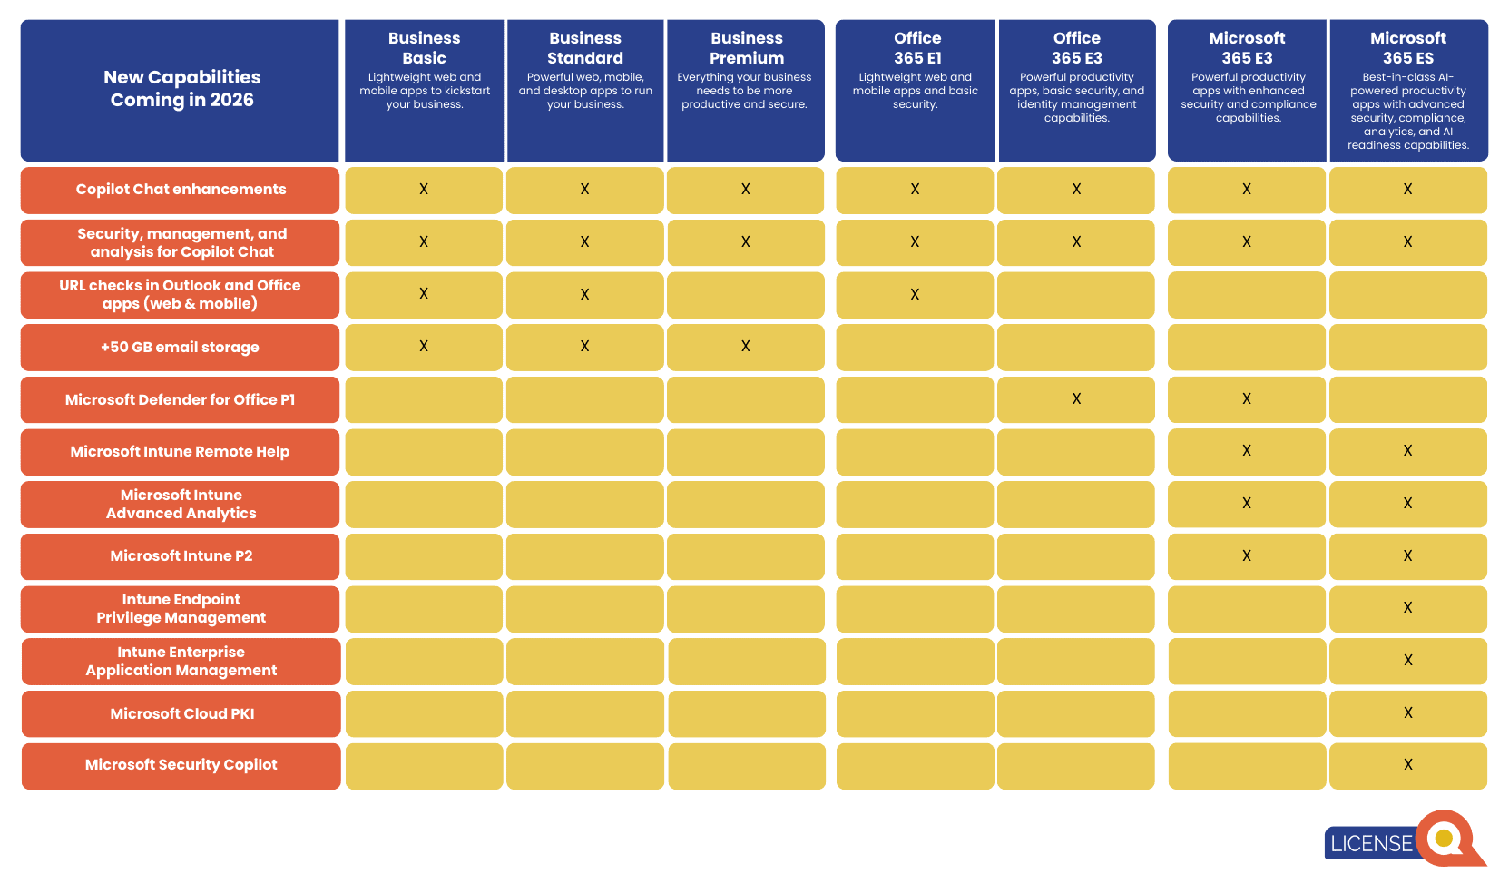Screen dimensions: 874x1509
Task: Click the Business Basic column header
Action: pyautogui.click(x=424, y=48)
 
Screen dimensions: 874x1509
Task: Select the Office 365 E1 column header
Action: pyautogui.click(x=916, y=48)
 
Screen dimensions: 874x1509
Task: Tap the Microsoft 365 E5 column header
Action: pyautogui.click(x=1407, y=48)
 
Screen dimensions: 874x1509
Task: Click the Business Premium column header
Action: pyautogui.click(x=746, y=48)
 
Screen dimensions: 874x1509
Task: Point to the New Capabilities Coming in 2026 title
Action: pyautogui.click(x=181, y=89)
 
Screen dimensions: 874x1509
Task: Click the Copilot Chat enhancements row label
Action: pyautogui.click(x=181, y=190)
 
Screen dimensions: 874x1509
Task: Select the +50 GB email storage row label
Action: pyautogui.click(x=180, y=348)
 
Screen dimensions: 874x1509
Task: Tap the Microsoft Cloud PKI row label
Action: pyautogui.click(x=181, y=714)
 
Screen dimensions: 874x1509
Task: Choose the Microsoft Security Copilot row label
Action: pyautogui.click(x=181, y=765)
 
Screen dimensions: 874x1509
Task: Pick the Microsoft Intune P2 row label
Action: pyautogui.click(x=181, y=556)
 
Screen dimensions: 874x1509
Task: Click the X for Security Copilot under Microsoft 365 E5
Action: pyautogui.click(x=1407, y=765)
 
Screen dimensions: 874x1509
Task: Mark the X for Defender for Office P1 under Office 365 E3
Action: pyautogui.click(x=1076, y=399)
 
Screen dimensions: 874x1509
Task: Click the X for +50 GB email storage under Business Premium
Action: pyautogui.click(x=746, y=347)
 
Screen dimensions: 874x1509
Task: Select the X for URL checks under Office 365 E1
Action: pyautogui.click(x=915, y=295)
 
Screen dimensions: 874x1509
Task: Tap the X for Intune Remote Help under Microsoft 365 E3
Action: pyautogui.click(x=1247, y=451)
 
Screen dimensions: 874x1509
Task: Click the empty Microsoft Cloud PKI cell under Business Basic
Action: pyautogui.click(x=424, y=714)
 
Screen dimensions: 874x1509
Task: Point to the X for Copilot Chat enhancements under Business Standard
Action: pyautogui.click(x=584, y=190)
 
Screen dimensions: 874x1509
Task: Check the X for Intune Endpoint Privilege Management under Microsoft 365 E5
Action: pyautogui.click(x=1407, y=608)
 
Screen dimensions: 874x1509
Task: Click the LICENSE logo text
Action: pyautogui.click(x=1370, y=844)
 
